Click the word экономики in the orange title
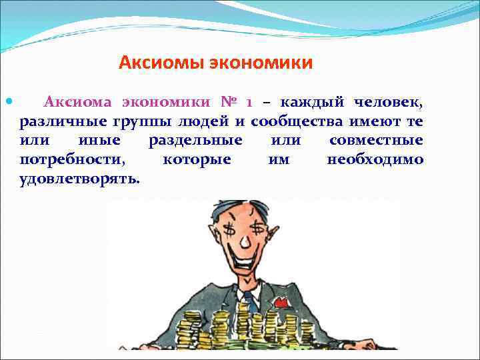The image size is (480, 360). (261, 63)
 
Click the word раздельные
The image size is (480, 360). (195, 141)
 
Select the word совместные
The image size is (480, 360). (376, 141)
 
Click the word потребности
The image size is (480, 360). (73, 159)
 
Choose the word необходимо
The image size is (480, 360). (375, 159)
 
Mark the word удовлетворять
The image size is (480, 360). (79, 179)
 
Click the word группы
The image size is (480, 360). (149, 122)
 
